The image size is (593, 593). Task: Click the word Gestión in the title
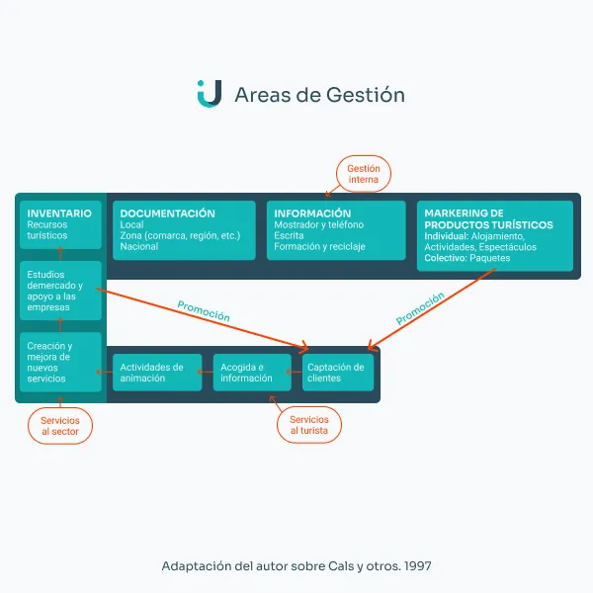[366, 95]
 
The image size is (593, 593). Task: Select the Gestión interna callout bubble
[364, 174]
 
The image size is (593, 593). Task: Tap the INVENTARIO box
[60, 224]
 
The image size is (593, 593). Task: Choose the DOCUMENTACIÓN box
[184, 230]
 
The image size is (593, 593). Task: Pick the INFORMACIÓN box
[336, 230]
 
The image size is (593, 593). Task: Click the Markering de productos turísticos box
[495, 235]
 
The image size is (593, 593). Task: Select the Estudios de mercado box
[60, 291]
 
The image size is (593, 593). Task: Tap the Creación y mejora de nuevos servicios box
[60, 362]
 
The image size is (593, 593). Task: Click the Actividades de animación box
[157, 373]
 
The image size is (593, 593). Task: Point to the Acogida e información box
[252, 373]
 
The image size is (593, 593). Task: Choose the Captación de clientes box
[338, 373]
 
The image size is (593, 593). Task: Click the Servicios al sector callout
[60, 426]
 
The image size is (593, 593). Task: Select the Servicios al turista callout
[309, 425]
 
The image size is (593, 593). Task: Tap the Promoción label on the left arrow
[204, 311]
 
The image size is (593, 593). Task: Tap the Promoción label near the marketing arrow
[420, 308]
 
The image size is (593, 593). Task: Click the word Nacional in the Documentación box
[139, 246]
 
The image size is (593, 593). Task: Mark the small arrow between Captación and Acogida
[295, 373]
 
